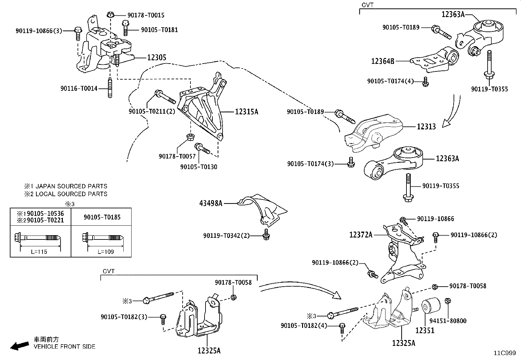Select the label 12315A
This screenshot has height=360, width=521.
point(246,112)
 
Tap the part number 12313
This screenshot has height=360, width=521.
point(426,126)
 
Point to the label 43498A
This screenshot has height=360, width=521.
point(210,203)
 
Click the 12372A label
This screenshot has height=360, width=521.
point(361,235)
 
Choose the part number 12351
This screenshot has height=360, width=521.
point(425,330)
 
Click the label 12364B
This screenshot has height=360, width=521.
point(383,61)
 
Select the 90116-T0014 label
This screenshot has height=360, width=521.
point(79,88)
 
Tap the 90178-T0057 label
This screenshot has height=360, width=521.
point(177,157)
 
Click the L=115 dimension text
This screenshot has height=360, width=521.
point(39,252)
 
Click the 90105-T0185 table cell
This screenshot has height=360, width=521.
point(102,217)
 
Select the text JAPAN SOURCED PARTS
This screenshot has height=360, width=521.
point(71,186)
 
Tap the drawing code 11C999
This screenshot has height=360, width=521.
point(505,353)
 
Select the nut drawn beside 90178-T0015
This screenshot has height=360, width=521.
point(111,14)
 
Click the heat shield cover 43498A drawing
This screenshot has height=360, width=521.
point(262,210)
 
